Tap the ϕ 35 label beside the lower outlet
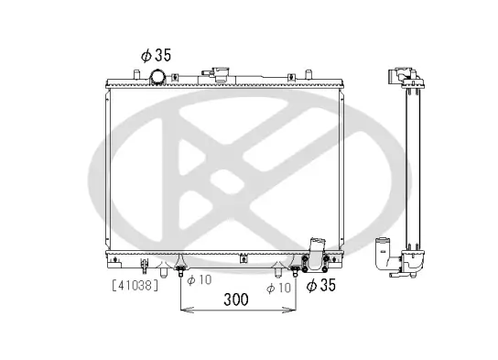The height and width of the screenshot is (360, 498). (x=322, y=286)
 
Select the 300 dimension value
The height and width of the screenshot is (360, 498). (x=236, y=300)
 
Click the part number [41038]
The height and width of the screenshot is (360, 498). (x=135, y=285)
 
